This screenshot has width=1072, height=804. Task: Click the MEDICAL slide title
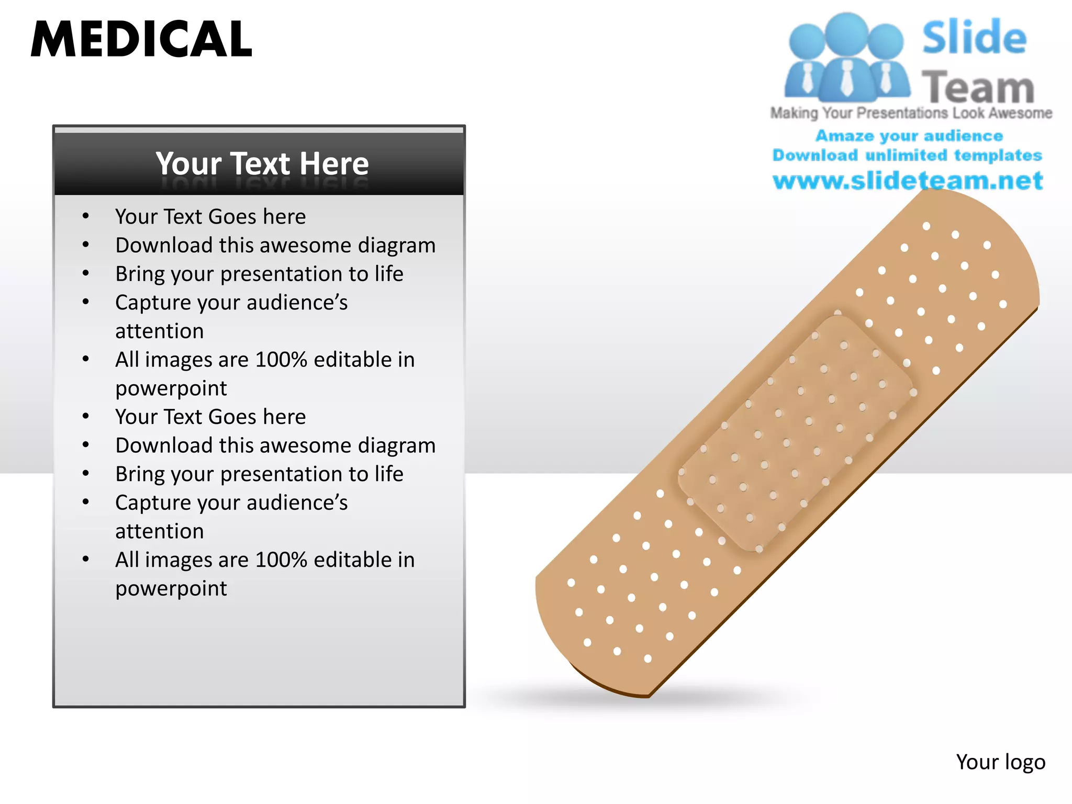pos(141,39)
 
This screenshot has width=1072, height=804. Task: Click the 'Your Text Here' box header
pos(262,163)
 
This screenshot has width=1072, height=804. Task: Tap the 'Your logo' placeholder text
pos(1000,762)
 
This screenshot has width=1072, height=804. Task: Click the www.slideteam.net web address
pos(908,181)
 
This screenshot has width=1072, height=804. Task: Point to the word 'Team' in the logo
pos(978,87)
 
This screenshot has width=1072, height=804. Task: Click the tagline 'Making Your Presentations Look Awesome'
pos(911,113)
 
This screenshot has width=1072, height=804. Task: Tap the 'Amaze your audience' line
pos(909,136)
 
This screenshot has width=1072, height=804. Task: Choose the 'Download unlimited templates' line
pos(907,155)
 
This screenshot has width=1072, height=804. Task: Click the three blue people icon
pos(846,58)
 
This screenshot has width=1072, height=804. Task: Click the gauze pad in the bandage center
pos(796,433)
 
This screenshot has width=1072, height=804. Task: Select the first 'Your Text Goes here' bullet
pos(210,217)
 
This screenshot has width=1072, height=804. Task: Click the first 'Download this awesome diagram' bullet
pos(275,245)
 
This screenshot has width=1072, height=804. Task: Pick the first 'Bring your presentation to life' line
pos(259,274)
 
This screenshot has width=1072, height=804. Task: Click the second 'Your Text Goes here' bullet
pos(210,417)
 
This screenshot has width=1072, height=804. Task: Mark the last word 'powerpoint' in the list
pos(171,589)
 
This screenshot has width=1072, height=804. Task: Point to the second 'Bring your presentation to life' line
pos(259,474)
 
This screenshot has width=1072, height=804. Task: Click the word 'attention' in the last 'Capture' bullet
pos(160,532)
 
